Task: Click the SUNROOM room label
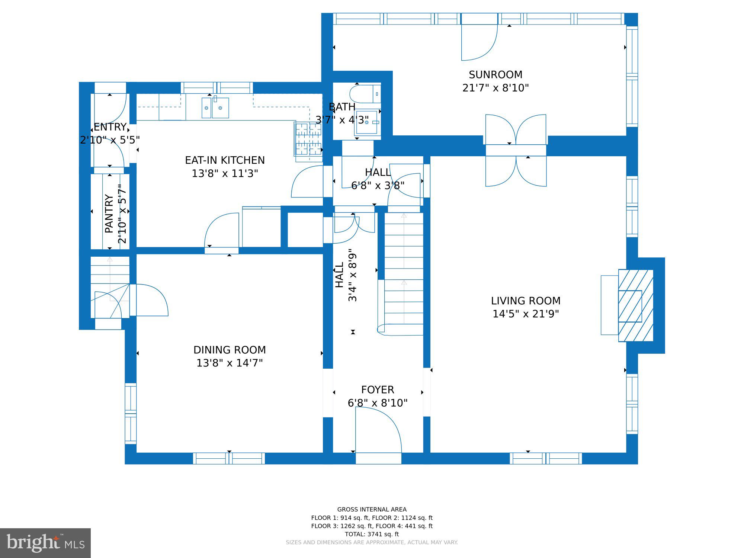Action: click(x=496, y=75)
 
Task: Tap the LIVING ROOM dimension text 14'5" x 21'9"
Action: click(x=526, y=314)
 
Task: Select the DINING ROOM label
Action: click(x=230, y=350)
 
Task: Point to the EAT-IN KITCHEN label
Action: click(x=225, y=160)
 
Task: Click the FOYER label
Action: click(x=378, y=389)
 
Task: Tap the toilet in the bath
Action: click(x=365, y=94)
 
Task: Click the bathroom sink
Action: click(x=367, y=122)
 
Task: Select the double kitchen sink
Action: click(x=215, y=108)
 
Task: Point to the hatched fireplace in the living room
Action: click(x=635, y=305)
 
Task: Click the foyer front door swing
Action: click(x=378, y=430)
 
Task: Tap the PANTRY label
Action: click(x=109, y=214)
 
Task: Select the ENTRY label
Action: click(x=110, y=127)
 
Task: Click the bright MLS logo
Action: click(x=45, y=543)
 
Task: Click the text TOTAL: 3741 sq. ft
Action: click(x=372, y=534)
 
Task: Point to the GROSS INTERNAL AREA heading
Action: click(x=372, y=510)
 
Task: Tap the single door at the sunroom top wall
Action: click(x=480, y=37)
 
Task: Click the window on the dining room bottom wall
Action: click(x=229, y=458)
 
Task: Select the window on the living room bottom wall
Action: click(x=546, y=458)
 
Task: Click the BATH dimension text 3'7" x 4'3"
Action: click(x=342, y=120)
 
